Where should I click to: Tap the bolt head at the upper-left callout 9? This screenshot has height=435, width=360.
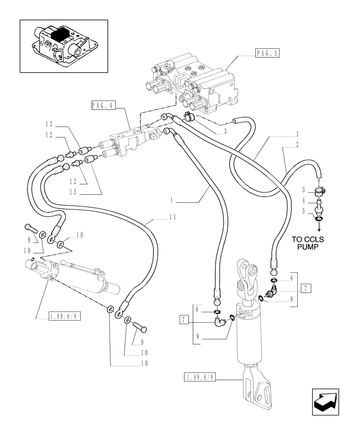click(30, 228)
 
